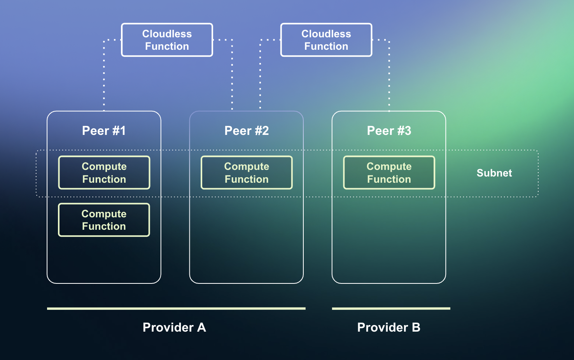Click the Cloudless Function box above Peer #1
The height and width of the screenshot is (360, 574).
click(x=167, y=40)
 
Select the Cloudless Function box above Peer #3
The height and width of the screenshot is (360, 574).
click(x=326, y=40)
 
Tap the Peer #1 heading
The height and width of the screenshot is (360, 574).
click(x=104, y=131)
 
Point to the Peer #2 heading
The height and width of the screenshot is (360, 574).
click(x=247, y=131)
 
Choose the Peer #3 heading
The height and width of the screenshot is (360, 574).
click(x=389, y=131)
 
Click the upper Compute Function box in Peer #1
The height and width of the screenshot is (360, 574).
click(x=104, y=173)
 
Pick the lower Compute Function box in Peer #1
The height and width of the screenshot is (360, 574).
click(x=104, y=220)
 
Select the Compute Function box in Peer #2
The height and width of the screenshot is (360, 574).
click(x=247, y=173)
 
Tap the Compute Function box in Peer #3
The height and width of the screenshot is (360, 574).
click(x=389, y=173)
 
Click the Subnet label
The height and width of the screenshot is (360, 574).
click(x=494, y=173)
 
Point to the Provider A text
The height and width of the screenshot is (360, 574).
click(x=174, y=327)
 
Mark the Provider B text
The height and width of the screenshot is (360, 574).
click(x=389, y=327)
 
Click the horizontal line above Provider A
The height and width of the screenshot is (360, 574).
click(x=176, y=309)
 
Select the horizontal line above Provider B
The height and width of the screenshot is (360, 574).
click(x=391, y=309)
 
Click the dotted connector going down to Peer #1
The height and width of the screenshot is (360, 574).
click(x=104, y=78)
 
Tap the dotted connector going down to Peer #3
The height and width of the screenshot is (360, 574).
click(x=389, y=78)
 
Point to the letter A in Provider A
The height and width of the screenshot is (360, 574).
click(x=201, y=327)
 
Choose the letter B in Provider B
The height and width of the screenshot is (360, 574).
click(x=416, y=327)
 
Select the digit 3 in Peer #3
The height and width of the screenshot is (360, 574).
click(x=408, y=131)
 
